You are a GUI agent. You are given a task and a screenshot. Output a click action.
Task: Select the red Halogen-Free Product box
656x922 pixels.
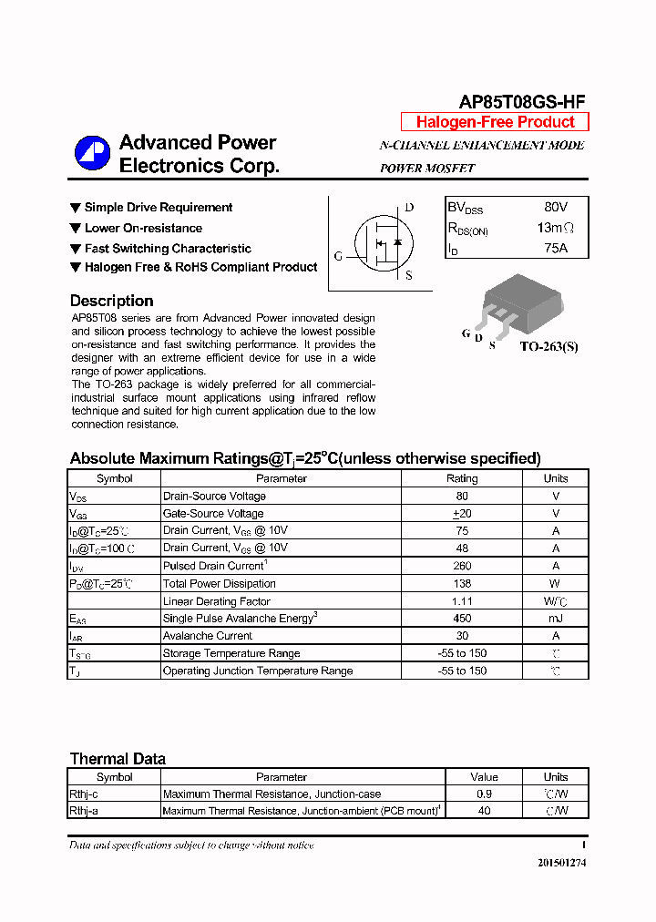[495, 122]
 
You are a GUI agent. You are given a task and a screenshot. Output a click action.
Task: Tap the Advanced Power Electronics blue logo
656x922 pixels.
[92, 153]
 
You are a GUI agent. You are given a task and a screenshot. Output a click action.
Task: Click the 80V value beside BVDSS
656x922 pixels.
[555, 208]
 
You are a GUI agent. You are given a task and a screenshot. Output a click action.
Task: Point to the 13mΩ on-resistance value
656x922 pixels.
[556, 228]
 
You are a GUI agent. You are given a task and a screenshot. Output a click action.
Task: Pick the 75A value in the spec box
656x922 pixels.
[555, 248]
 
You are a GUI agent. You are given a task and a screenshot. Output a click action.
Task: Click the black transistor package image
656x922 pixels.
[513, 302]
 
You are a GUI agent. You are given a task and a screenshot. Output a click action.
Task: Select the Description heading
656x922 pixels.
[111, 301]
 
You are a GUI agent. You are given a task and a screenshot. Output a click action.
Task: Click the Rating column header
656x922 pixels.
[461, 478]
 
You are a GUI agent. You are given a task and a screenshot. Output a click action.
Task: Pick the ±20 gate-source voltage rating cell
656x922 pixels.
[461, 514]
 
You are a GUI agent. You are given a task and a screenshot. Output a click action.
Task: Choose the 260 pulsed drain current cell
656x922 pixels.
[461, 566]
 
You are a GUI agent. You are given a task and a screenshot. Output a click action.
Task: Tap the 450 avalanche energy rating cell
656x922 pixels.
[461, 619]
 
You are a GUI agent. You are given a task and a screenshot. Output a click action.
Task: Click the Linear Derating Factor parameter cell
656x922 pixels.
[216, 601]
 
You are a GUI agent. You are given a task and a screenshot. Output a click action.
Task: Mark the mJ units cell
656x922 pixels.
[555, 619]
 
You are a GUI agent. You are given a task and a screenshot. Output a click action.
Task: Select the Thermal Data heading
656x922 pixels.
[118, 759]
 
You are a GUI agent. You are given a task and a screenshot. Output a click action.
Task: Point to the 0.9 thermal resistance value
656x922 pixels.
[484, 794]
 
